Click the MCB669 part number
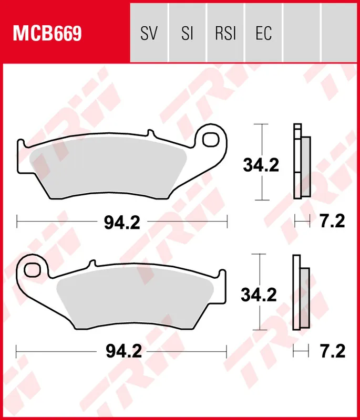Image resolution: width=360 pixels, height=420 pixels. tap(48, 34)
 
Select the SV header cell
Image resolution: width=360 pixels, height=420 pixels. tap(149, 34)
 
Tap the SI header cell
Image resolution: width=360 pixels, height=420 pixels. tap(187, 34)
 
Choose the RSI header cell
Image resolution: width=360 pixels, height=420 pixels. tap(225, 34)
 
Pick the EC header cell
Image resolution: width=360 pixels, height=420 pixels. tap(263, 34)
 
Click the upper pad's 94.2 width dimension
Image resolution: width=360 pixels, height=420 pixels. tap(121, 223)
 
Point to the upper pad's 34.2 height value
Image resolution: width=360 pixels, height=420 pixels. tap(261, 165)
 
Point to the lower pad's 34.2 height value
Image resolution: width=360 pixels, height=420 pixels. tap(259, 295)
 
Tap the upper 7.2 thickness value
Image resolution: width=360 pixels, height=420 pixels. tap(332, 222)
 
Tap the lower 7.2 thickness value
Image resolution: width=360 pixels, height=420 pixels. tap(332, 351)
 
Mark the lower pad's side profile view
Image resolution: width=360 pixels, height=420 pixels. tap(301, 292)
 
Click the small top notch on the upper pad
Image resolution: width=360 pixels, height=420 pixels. tap(153, 134)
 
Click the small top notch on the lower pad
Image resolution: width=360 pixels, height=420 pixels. tap(91, 263)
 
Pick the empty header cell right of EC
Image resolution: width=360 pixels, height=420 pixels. tap(302, 34)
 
